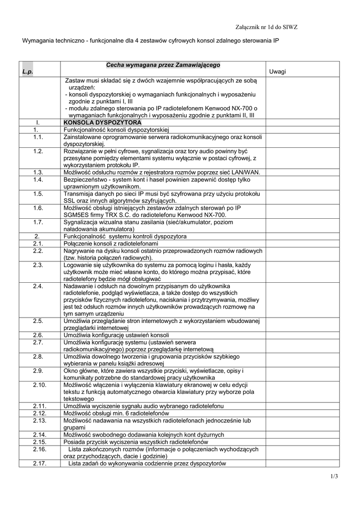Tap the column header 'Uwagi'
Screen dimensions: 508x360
tap(278, 72)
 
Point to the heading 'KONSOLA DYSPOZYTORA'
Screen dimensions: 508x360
tap(102, 122)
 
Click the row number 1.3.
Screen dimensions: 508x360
tap(39, 172)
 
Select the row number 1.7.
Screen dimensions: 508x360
tap(39, 222)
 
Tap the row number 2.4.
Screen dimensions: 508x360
tap(39, 286)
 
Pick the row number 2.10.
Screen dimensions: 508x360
tap(39, 385)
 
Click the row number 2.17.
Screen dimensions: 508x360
tap(39, 463)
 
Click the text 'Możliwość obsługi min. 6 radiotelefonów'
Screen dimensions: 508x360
tap(116, 413)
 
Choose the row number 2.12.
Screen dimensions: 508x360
tap(39, 413)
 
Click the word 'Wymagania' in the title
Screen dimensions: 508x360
tap(37, 42)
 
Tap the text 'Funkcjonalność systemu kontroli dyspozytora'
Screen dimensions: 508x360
tap(125, 237)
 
